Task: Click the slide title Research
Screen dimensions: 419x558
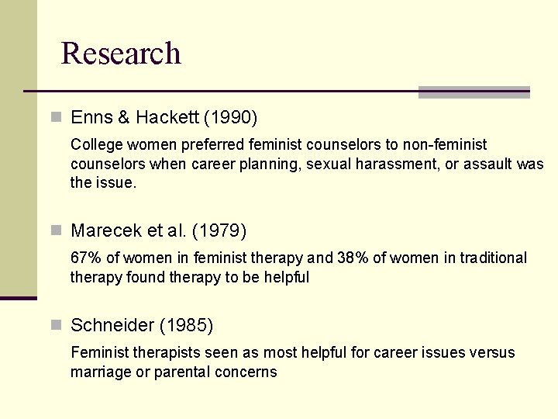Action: point(121,53)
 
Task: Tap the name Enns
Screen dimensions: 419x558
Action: point(91,118)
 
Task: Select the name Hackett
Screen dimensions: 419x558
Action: point(167,118)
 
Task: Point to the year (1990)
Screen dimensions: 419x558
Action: point(230,118)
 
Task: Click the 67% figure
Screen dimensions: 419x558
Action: point(84,258)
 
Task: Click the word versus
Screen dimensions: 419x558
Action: point(491,353)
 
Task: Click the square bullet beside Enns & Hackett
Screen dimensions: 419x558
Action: point(55,118)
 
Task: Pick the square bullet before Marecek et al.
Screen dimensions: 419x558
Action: point(55,230)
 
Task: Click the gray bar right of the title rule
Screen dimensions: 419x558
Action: point(474,92)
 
